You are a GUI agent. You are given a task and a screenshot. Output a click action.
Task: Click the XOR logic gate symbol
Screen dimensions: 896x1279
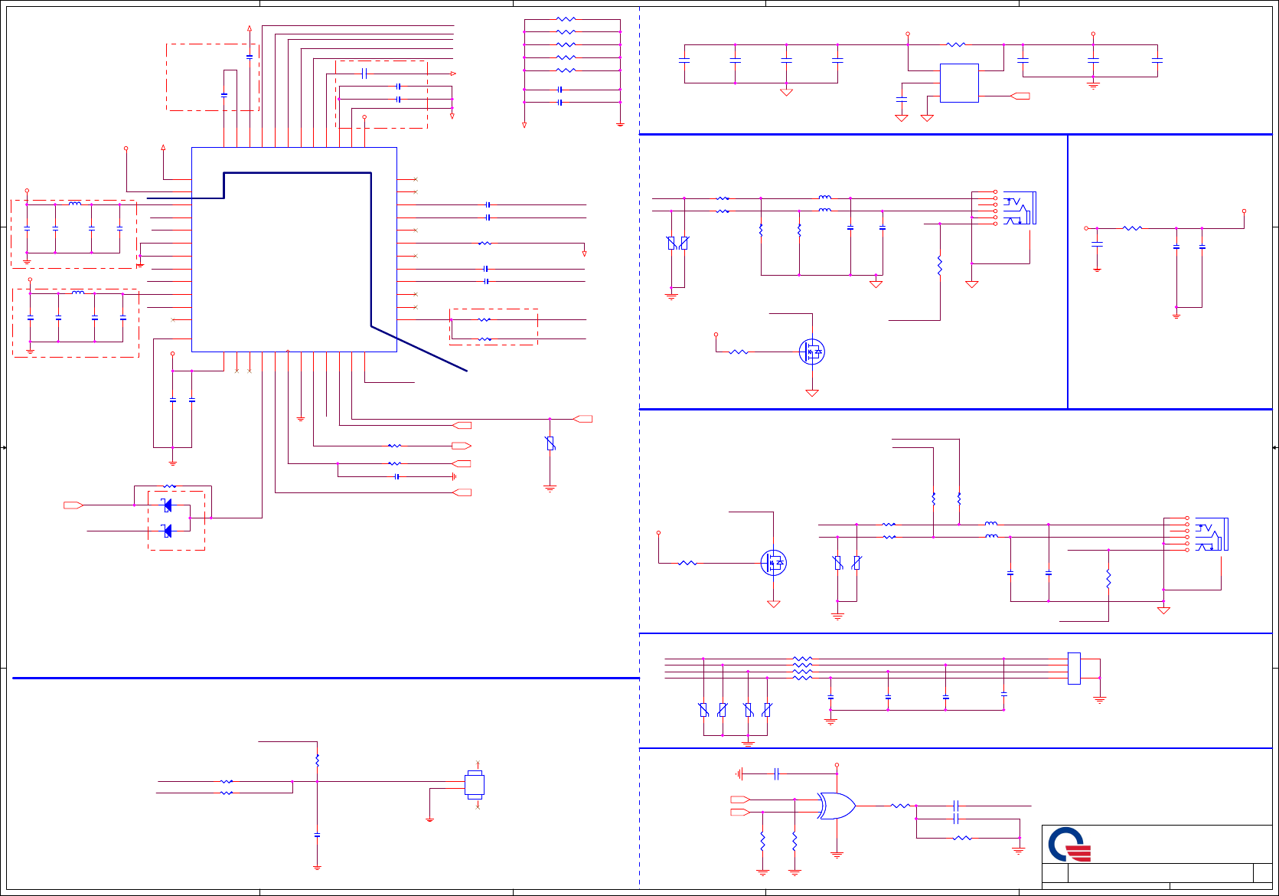837,806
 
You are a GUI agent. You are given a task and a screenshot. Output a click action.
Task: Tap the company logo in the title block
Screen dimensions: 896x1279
1069,845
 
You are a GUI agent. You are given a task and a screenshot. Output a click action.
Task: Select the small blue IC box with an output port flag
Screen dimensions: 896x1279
959,83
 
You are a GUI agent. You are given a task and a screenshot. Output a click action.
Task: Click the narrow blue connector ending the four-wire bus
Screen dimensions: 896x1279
1074,669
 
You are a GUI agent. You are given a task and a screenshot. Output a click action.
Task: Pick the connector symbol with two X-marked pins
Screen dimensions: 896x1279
475,786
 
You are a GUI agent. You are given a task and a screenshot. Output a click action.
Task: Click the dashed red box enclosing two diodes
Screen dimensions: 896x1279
176,521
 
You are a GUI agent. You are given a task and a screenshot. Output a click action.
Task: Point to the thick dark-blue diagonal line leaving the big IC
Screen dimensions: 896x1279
419,348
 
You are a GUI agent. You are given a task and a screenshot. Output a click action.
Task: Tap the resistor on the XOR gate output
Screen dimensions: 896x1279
900,806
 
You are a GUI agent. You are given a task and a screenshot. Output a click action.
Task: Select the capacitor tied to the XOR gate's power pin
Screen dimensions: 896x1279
776,774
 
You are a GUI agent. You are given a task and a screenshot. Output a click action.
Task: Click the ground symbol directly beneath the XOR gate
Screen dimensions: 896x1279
837,855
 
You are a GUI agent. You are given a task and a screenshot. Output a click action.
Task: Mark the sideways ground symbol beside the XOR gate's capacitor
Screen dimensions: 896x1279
739,774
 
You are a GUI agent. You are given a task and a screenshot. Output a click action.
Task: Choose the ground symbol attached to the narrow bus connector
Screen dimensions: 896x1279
1099,699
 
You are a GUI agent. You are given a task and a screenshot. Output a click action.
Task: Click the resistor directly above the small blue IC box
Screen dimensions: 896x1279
956,45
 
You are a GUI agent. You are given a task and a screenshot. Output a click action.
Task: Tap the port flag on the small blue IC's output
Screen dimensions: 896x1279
1020,96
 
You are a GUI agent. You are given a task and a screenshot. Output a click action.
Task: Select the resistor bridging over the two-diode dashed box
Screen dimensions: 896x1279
170,486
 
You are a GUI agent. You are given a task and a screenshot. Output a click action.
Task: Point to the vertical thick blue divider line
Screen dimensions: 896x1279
1068,272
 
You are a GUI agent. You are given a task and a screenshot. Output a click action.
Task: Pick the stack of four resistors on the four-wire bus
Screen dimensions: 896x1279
802,668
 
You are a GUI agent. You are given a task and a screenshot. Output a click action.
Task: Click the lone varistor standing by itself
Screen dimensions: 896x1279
550,443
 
